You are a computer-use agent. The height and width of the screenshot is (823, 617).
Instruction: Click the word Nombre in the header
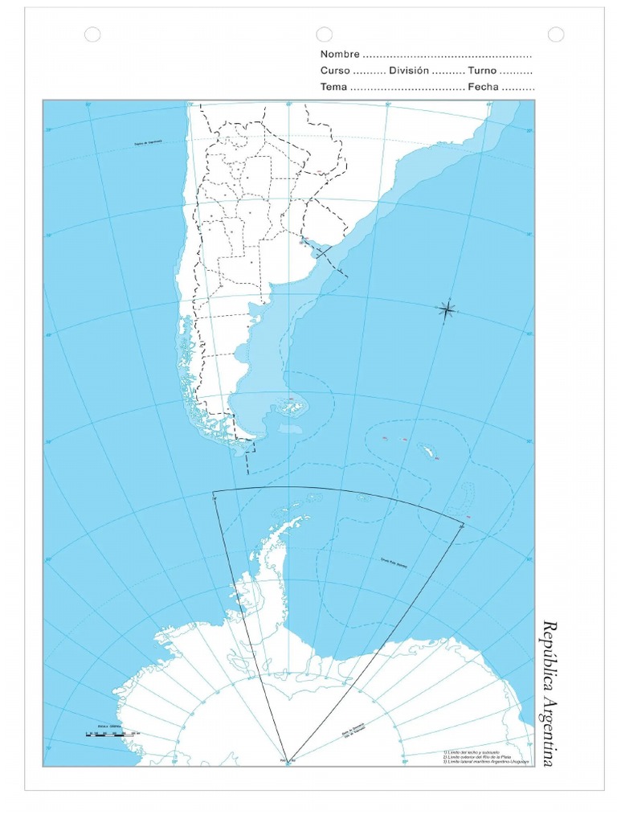pos(340,55)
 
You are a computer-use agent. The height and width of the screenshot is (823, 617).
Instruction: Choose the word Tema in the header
pos(333,87)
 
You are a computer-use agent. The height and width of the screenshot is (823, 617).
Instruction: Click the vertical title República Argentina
pos(549,693)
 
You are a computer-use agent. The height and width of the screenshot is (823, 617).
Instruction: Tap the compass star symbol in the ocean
pos(447,309)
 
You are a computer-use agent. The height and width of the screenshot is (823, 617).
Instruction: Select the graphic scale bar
pos(112,733)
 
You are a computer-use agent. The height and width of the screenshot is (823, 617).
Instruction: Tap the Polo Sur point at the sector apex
pos(288,758)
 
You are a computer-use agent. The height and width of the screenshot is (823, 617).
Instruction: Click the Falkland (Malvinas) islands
pos(291,407)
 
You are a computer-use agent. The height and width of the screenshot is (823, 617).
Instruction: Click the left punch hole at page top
pos(92,34)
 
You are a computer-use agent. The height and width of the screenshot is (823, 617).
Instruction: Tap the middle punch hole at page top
pos(324,34)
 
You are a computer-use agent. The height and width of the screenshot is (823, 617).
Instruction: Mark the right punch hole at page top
pos(555,34)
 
